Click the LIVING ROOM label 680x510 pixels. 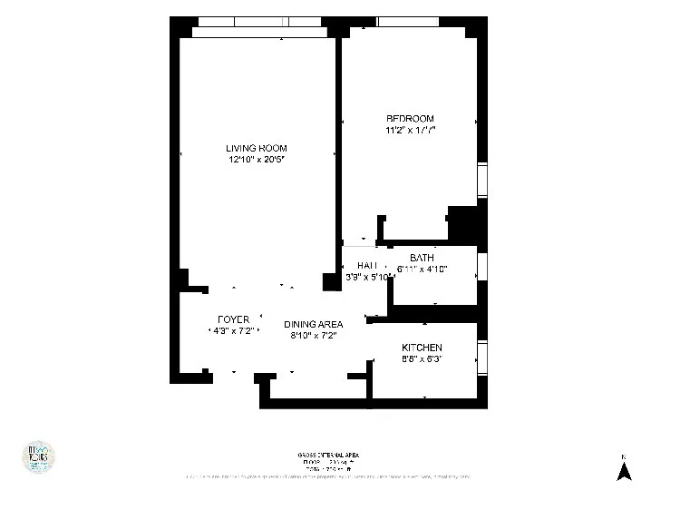257,148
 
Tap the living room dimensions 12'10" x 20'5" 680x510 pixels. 257,160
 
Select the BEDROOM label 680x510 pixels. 410,119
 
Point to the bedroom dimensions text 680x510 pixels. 410,131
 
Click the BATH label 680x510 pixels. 422,259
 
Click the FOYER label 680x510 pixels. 233,320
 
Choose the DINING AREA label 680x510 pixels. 313,324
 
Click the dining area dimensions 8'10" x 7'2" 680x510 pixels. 313,336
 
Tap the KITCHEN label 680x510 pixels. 422,348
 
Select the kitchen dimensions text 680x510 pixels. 422,359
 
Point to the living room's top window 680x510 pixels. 259,22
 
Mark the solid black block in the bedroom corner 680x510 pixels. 462,221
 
